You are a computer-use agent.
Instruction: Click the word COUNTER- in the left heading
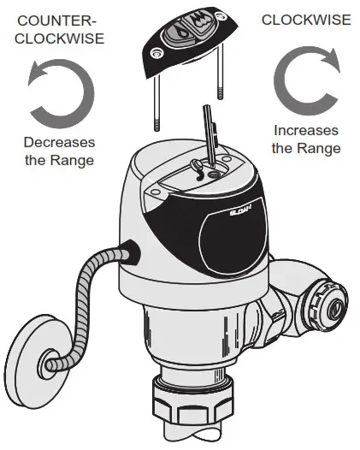pos(53,19)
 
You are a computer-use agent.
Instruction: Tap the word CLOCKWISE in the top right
pos(305,19)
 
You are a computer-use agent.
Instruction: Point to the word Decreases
pos(59,142)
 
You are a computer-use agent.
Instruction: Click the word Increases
pos(306,131)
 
